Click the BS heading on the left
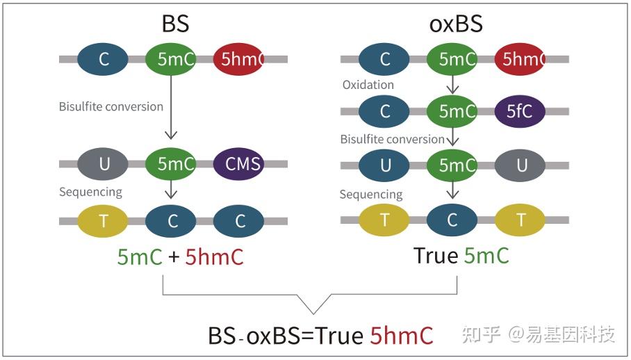coord(174,24)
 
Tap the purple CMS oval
coord(243,165)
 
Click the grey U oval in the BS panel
coord(104,165)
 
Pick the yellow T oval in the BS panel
coord(104,221)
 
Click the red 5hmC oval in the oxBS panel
coord(521,60)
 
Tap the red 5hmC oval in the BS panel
coord(240,60)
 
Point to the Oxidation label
coord(368,85)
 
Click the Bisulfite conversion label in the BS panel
coord(111,106)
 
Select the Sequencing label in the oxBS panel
coord(371,194)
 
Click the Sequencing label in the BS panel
coord(90,192)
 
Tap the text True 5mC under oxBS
coord(461,256)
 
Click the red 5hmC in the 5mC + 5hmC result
coord(215,257)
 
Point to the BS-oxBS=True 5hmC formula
coord(320,336)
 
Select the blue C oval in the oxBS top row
coord(384,60)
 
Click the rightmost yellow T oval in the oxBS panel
coord(521,221)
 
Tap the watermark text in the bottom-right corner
coord(539,335)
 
